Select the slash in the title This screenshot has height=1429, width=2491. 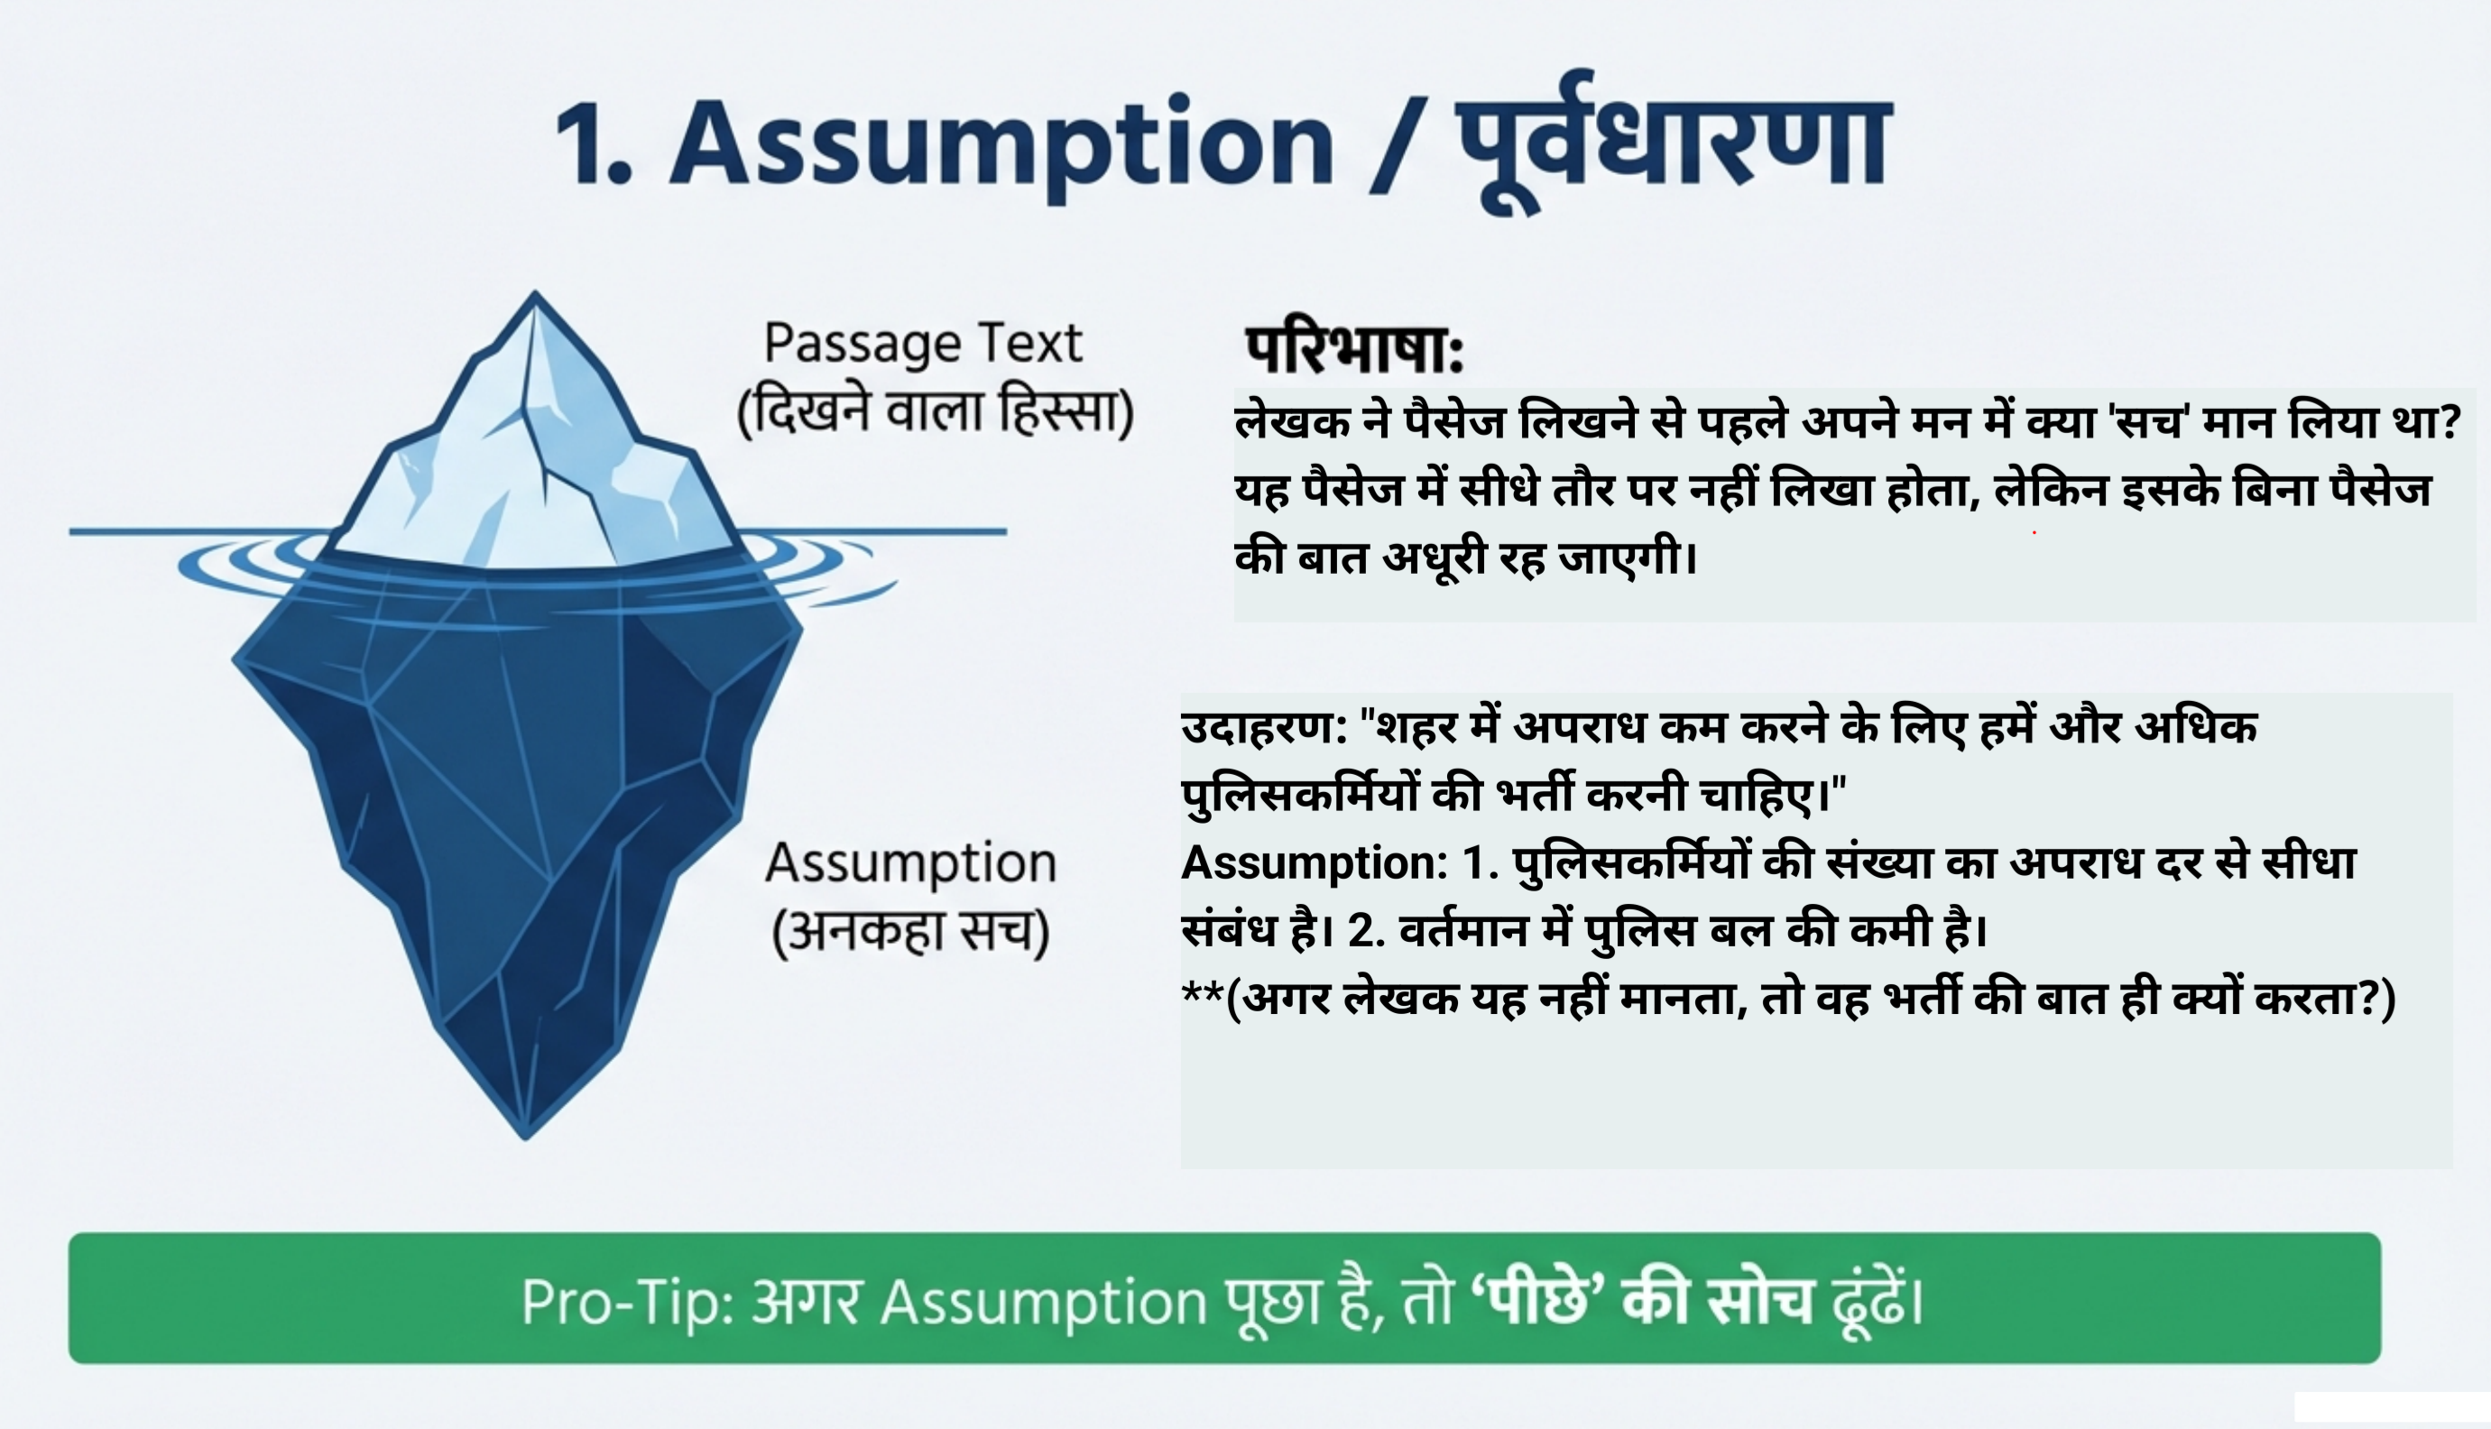click(1396, 143)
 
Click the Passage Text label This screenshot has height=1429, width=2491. click(923, 344)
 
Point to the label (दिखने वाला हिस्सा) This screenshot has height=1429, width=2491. click(936, 411)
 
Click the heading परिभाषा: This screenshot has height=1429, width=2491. click(1354, 349)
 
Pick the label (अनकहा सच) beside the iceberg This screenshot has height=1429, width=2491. click(911, 931)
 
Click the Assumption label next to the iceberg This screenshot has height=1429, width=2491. click(911, 863)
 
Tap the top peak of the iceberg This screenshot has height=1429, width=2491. click(535, 297)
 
